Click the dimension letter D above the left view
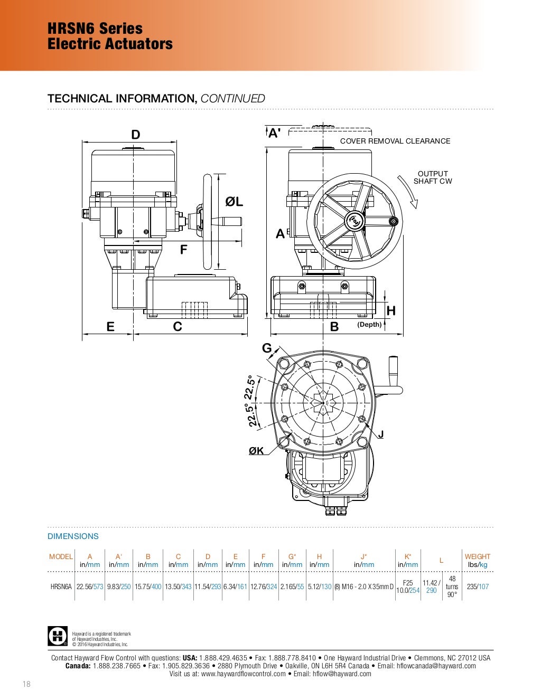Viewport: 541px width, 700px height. click(136, 134)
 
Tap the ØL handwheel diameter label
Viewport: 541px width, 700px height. click(234, 202)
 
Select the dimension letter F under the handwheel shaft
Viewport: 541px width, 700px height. click(183, 249)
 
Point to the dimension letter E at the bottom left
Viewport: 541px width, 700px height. click(110, 327)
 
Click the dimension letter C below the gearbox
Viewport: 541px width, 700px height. click(178, 326)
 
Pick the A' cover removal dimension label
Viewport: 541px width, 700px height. click(274, 133)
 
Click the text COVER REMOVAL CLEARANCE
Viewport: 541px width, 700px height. click(395, 141)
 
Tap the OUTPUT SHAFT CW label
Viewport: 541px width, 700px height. click(433, 177)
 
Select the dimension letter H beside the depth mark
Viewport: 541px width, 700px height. click(391, 311)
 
